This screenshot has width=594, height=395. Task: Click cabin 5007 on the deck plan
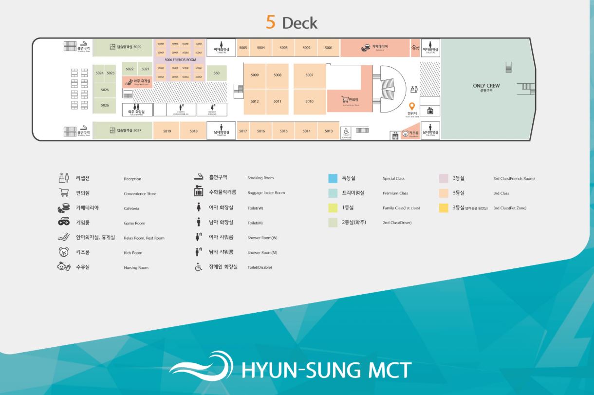click(x=310, y=75)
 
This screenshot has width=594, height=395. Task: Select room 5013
click(x=329, y=131)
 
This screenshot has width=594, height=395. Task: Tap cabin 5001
click(x=329, y=48)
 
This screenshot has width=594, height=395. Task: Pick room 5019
click(x=167, y=131)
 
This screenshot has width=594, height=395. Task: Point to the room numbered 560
click(x=217, y=73)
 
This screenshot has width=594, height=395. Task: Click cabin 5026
click(x=105, y=105)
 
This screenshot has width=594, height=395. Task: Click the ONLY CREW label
click(x=486, y=86)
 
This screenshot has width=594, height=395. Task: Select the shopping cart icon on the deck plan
click(x=345, y=99)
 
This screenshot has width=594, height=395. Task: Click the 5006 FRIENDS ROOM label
click(x=180, y=59)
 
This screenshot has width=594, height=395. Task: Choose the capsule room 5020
click(x=125, y=47)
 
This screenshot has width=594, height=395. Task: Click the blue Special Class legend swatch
click(x=333, y=178)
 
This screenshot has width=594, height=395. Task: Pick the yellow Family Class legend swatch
click(x=333, y=208)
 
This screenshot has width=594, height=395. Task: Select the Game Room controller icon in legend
click(x=64, y=223)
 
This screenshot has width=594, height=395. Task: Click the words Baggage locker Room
click(x=266, y=193)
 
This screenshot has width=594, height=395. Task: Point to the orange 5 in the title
click(x=270, y=22)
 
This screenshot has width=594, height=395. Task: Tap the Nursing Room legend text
click(x=136, y=267)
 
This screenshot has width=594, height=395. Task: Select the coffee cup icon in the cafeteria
click(x=365, y=48)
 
